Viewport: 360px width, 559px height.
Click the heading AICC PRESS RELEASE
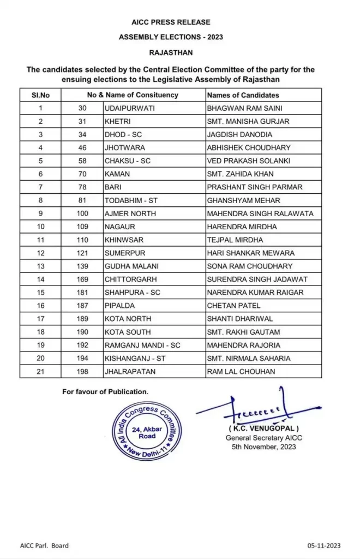pyautogui.click(x=171, y=22)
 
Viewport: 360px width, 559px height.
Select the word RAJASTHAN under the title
pyautogui.click(x=171, y=53)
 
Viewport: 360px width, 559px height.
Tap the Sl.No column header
pyautogui.click(x=40, y=95)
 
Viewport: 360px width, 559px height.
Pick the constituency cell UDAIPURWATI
pyautogui.click(x=129, y=108)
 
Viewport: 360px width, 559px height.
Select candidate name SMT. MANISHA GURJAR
pyautogui.click(x=248, y=121)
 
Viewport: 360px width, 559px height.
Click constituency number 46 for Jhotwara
pyautogui.click(x=82, y=147)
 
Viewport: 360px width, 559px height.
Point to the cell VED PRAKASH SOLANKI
pyautogui.click(x=249, y=160)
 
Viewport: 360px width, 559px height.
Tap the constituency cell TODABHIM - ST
pyautogui.click(x=131, y=200)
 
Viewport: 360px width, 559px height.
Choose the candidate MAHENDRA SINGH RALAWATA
pyautogui.click(x=260, y=213)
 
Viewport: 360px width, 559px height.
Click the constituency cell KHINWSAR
pyautogui.click(x=124, y=240)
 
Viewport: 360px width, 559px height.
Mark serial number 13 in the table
pyautogui.click(x=40, y=266)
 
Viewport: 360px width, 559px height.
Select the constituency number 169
pyautogui.click(x=82, y=279)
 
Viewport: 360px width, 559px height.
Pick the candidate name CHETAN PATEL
pyautogui.click(x=233, y=306)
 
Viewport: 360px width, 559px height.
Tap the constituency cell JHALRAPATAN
pyautogui.click(x=129, y=371)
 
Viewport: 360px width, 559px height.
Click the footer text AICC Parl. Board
pyautogui.click(x=45, y=545)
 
